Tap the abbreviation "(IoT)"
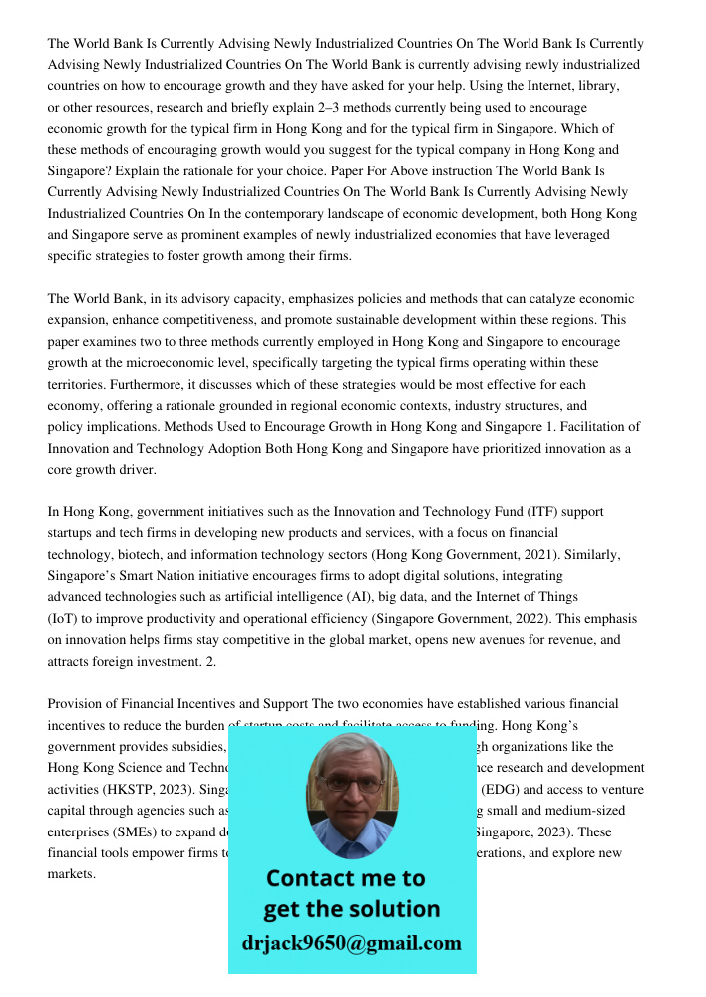(64, 618)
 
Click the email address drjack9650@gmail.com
(351, 943)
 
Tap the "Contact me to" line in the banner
(345, 878)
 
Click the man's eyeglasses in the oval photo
(351, 784)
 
